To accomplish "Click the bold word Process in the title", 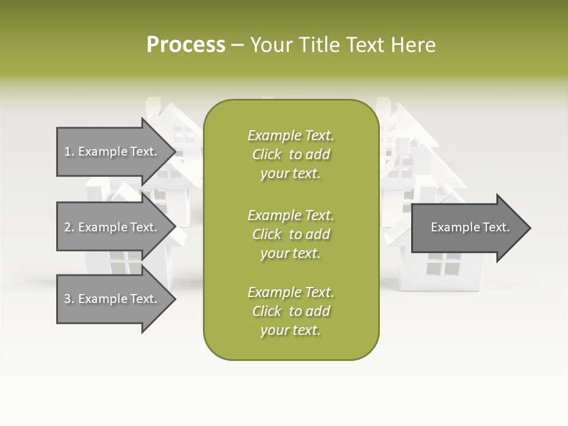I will pyautogui.click(x=186, y=45).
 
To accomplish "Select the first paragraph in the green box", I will pyautogui.click(x=291, y=154).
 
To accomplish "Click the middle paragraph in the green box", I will pyautogui.click(x=291, y=234).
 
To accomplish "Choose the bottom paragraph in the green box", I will pyautogui.click(x=291, y=311).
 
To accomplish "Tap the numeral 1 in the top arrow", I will pyautogui.click(x=67, y=151).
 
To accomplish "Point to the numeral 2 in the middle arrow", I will pyautogui.click(x=67, y=227).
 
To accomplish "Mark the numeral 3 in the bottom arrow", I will pyautogui.click(x=67, y=299).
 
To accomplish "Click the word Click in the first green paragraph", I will pyautogui.click(x=267, y=154).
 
